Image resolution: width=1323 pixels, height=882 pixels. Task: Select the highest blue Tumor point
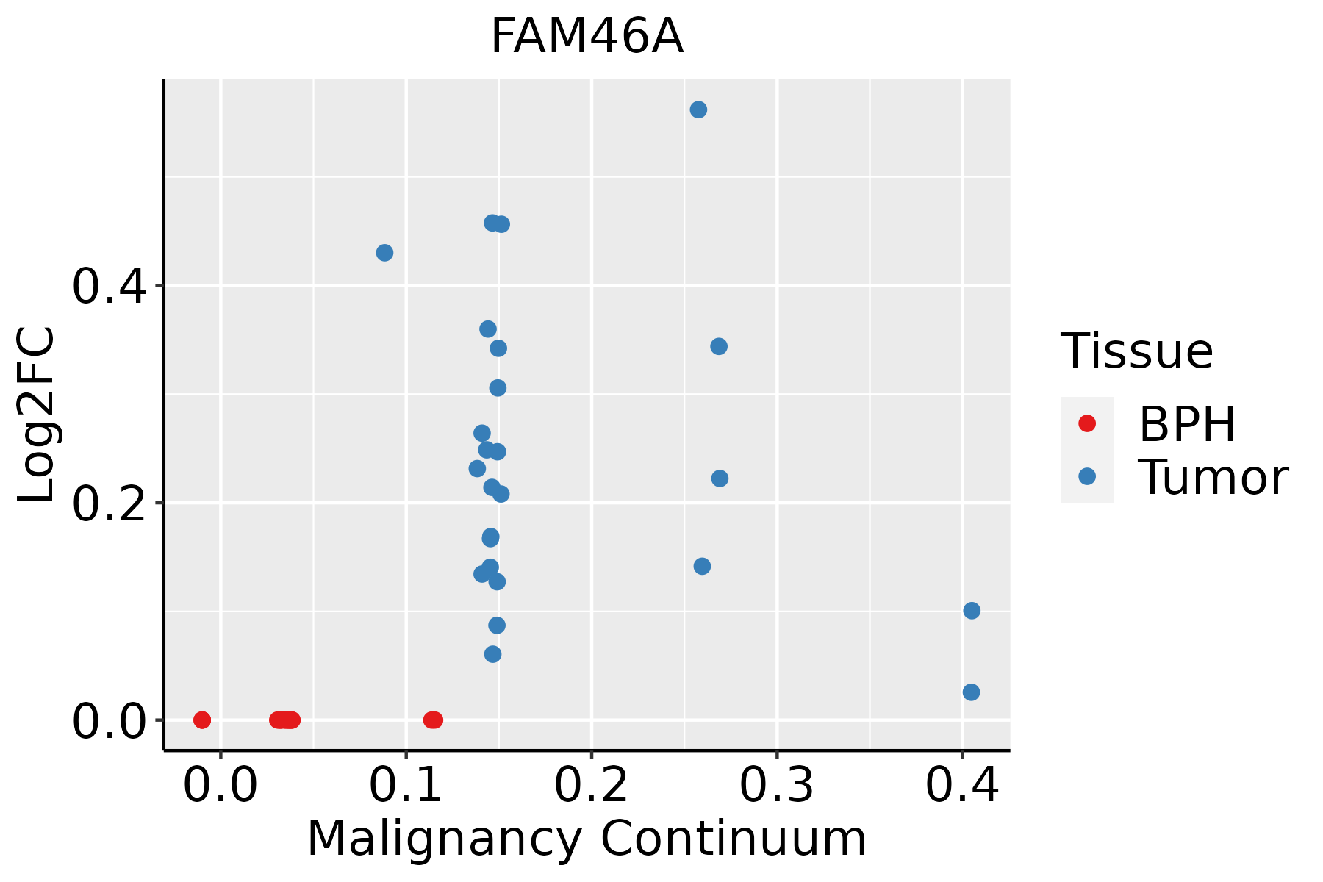pyautogui.click(x=698, y=110)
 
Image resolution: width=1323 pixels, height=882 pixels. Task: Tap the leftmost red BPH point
pyautogui.click(x=202, y=720)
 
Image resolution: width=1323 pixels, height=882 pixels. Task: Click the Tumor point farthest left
pyautogui.click(x=384, y=253)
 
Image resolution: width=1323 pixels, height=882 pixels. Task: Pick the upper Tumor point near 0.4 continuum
pyautogui.click(x=972, y=611)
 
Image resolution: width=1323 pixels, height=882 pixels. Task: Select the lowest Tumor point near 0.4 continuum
pyautogui.click(x=971, y=692)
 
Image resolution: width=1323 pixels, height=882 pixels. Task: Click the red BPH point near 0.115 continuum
pyautogui.click(x=433, y=720)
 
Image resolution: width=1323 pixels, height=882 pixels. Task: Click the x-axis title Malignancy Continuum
pyautogui.click(x=587, y=839)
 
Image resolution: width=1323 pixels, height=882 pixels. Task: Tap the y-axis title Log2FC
pyautogui.click(x=37, y=415)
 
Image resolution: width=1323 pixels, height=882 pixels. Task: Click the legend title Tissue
pyautogui.click(x=1137, y=351)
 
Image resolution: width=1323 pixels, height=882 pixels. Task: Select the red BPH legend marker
pyautogui.click(x=1086, y=423)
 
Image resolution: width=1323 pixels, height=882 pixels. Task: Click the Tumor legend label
pyautogui.click(x=1213, y=478)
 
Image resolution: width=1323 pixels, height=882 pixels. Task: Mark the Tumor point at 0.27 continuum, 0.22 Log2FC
pyautogui.click(x=720, y=478)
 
